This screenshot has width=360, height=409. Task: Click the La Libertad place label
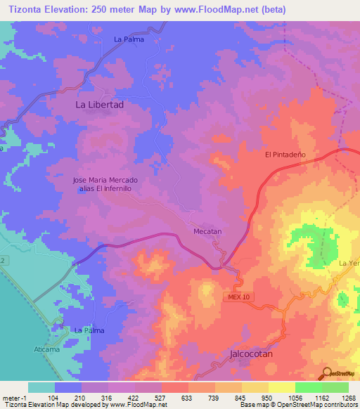(x=99, y=104)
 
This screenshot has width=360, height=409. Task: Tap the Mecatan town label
(x=207, y=231)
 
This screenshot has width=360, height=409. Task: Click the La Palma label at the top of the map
(x=129, y=39)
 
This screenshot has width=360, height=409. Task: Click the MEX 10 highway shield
(x=238, y=298)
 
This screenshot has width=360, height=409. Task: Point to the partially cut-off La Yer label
(x=349, y=264)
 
